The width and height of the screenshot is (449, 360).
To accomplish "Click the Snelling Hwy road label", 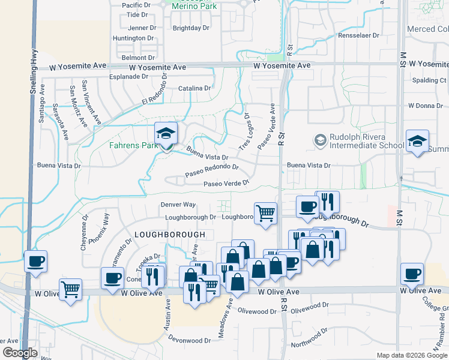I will pos(34,66).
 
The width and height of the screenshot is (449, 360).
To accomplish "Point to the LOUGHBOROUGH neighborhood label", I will pos(170,233).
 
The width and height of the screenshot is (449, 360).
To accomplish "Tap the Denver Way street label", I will pos(178,205).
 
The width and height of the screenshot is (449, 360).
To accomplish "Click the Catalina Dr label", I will pos(194,88).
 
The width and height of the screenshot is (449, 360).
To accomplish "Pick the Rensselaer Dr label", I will pos(359,35).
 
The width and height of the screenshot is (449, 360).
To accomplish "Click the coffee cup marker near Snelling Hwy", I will pos(35,262).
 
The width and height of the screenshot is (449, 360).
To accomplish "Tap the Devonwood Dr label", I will pos(189,340).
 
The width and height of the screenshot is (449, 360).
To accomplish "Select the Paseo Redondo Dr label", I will pos(212,170).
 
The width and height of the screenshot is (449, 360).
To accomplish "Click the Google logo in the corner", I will pos(20,353).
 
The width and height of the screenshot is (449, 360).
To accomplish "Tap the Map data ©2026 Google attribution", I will pos(412,355).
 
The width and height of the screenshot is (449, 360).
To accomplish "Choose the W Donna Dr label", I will pos(425,106).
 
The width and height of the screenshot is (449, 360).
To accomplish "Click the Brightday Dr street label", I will pos(191,28).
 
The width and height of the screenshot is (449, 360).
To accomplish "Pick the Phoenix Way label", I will pos(98,228).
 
